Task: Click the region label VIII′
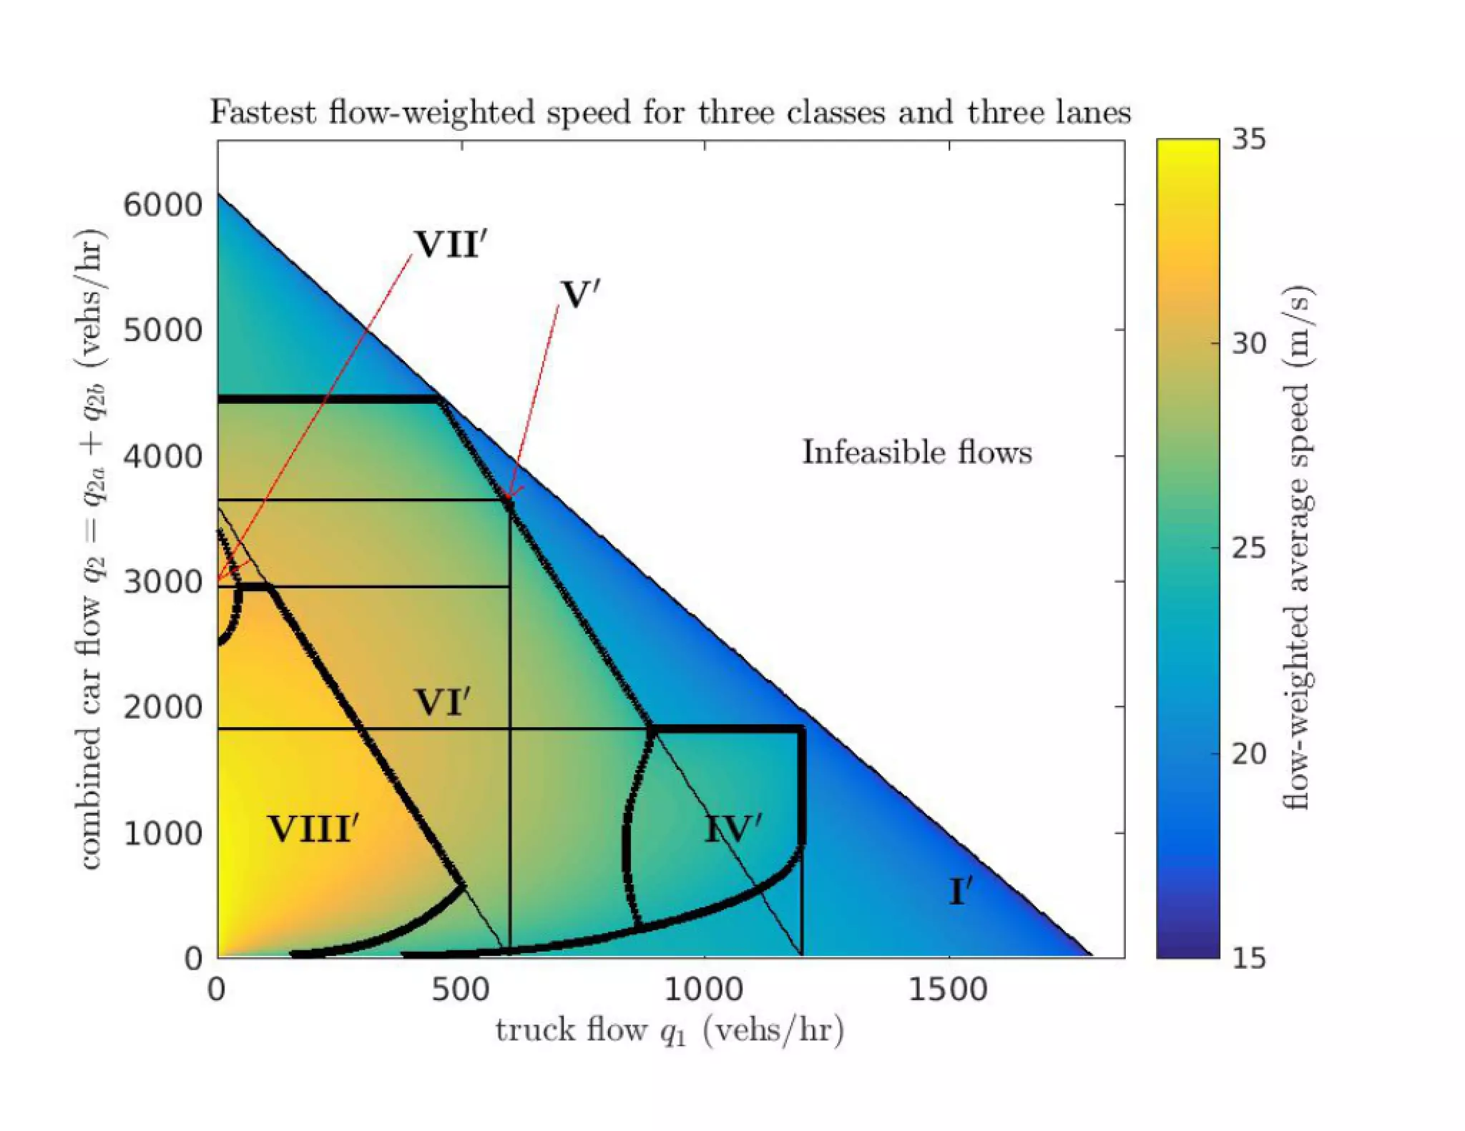coord(313,829)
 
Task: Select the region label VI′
coord(442,703)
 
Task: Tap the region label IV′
coord(732,829)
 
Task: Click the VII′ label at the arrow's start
coord(450,245)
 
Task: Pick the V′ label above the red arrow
coord(579,295)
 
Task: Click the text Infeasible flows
coord(916,453)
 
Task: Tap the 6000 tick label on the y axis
coord(162,205)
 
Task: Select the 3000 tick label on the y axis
coord(162,582)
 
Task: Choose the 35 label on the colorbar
coord(1248,139)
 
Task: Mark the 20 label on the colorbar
coord(1248,754)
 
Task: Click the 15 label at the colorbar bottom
coord(1248,958)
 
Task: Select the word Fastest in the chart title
coord(263,113)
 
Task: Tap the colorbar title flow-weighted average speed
coord(1297,548)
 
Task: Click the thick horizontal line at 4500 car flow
coord(329,399)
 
